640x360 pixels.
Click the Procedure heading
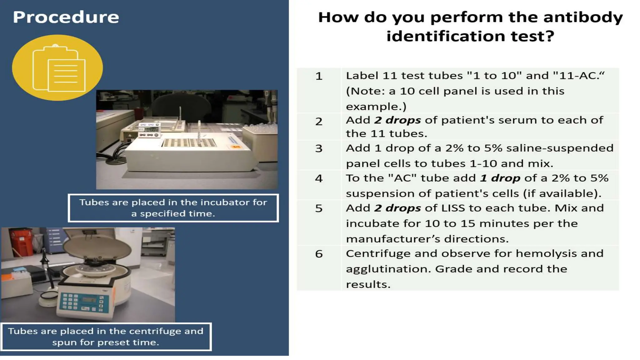point(66,17)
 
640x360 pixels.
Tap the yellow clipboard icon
point(57,68)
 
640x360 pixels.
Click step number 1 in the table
point(318,76)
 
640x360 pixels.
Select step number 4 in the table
point(318,178)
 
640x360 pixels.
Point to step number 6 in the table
point(318,254)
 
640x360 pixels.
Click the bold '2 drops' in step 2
point(397,120)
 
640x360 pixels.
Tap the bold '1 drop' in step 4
point(500,178)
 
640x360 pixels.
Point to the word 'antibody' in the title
point(583,17)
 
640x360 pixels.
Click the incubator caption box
point(173,208)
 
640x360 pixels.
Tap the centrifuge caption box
point(106,337)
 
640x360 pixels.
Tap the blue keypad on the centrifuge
point(69,302)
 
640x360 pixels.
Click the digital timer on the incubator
point(149,129)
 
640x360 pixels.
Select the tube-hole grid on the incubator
point(189,143)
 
